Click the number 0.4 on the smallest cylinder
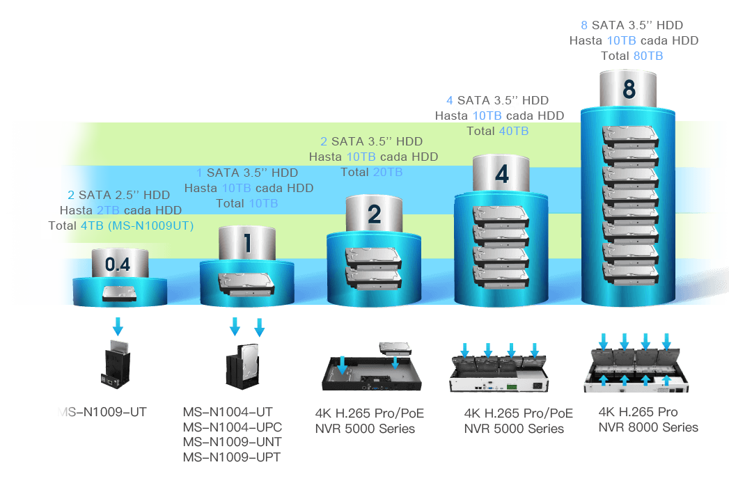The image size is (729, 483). tap(118, 264)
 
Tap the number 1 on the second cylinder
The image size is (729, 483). tap(246, 243)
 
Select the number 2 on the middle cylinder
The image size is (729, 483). tap(374, 214)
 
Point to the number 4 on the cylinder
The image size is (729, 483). tap(502, 173)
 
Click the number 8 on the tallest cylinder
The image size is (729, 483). tap(629, 90)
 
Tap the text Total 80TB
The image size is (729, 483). tap(634, 56)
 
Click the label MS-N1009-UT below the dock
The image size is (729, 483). tap(102, 412)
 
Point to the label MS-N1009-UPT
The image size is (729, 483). tap(231, 457)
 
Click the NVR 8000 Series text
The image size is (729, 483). tap(648, 427)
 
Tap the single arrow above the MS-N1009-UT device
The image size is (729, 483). tap(118, 325)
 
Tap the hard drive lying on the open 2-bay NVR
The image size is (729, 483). tap(395, 347)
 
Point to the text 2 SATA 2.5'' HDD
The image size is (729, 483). tap(118, 195)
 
